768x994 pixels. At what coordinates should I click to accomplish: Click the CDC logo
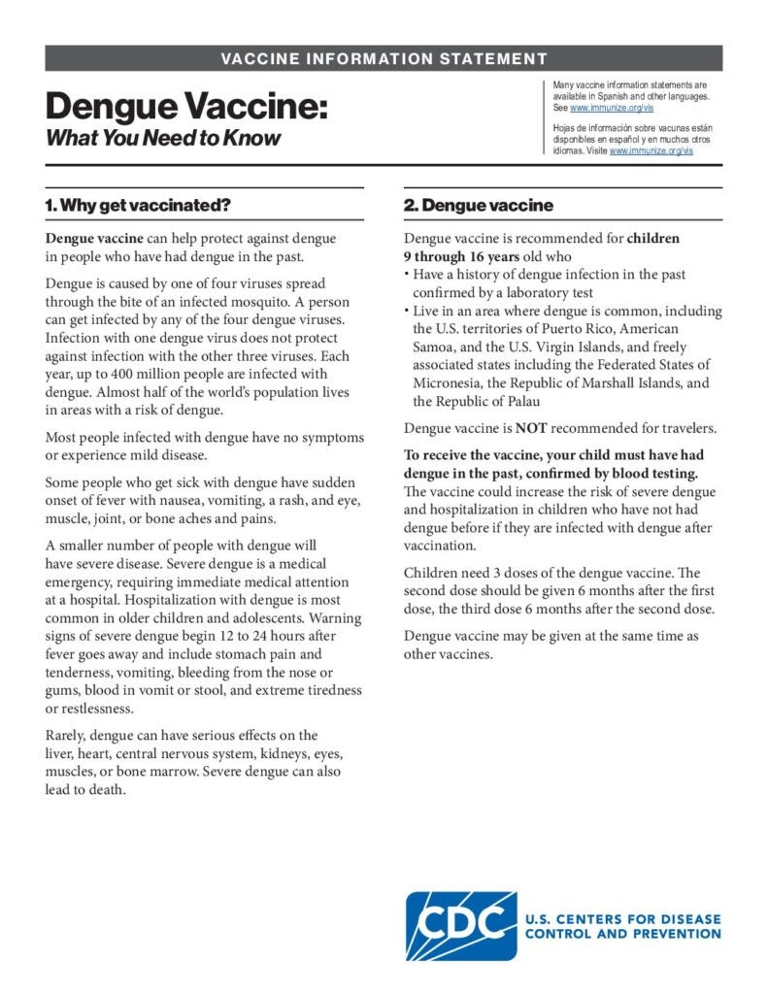pos(460,926)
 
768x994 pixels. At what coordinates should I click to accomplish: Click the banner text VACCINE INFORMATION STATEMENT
pos(384,58)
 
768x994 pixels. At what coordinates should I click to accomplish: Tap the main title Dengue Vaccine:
pos(185,106)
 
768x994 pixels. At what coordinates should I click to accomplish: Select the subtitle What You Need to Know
pos(162,138)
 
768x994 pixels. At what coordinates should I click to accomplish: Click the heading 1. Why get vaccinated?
pos(137,206)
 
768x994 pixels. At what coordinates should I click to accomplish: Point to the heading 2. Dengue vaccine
pos(478,206)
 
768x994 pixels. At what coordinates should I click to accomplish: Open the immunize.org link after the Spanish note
pos(651,151)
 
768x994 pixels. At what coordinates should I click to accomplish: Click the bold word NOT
pos(533,427)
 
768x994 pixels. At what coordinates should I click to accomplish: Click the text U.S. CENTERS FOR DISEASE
pos(622,918)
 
